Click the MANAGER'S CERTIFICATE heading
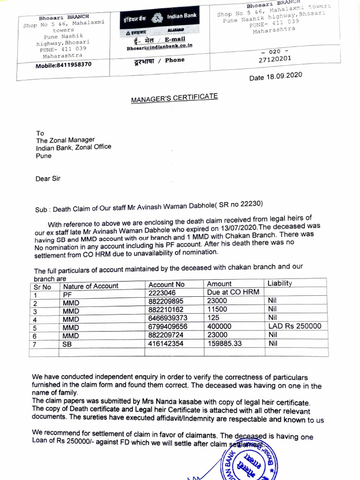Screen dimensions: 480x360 click(x=174, y=97)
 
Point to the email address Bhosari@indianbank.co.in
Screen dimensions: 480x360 click(x=159, y=47)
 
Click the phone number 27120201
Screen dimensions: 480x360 click(x=275, y=59)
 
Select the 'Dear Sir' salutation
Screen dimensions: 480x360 click(x=48, y=178)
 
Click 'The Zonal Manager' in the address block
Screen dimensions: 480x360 click(x=65, y=140)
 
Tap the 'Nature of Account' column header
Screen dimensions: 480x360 click(x=91, y=286)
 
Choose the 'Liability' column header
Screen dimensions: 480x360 click(x=279, y=284)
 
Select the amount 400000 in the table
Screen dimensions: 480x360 click(x=219, y=326)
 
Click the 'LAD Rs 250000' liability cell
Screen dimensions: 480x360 click(x=294, y=326)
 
